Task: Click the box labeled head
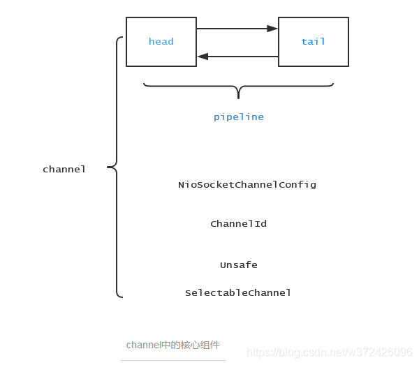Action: tap(161, 42)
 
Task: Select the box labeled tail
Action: tap(313, 42)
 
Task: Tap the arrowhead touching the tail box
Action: tap(273, 29)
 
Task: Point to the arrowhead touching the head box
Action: tap(203, 56)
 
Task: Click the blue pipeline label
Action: tap(239, 117)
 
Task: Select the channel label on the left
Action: tap(64, 170)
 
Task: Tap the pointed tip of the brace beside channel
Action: tap(108, 167)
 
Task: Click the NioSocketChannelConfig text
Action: tap(247, 185)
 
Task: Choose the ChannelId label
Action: tap(238, 224)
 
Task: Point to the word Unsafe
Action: tap(239, 265)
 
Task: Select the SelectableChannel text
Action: tap(238, 293)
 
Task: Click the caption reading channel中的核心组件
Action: tap(173, 345)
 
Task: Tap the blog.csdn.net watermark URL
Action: tap(330, 352)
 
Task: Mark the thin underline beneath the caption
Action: tap(173, 360)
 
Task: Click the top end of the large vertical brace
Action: tap(122, 38)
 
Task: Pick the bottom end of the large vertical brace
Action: tap(122, 297)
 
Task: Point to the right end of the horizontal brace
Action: tap(332, 84)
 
